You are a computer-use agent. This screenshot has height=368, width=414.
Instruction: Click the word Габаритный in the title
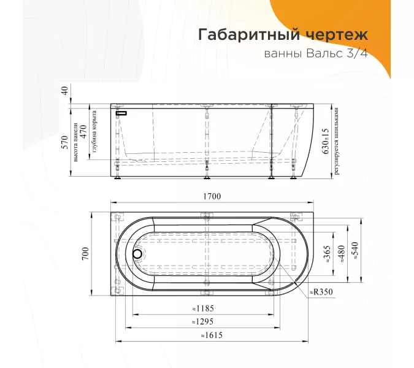coord(249,35)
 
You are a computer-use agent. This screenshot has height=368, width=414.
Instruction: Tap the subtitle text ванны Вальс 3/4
coord(316,53)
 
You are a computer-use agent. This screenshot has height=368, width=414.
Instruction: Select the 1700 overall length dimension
coord(212,196)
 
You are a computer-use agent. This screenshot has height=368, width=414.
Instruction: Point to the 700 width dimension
coord(85,254)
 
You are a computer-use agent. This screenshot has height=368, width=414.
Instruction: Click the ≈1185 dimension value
coord(203,309)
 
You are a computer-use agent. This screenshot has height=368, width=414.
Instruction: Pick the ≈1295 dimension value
coord(203,322)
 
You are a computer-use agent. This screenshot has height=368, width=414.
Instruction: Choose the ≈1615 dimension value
coord(212,335)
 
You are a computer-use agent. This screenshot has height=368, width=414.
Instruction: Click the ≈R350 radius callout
coord(321,292)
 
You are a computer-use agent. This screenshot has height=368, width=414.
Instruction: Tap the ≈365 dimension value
coord(327,254)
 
